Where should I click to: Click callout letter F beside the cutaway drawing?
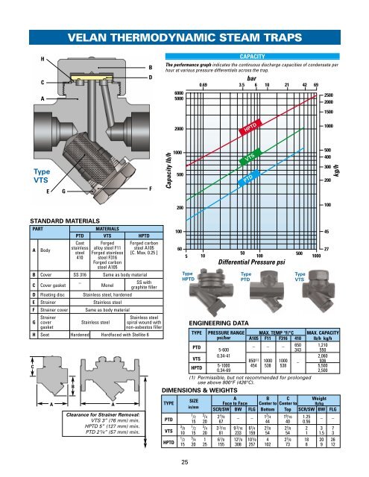click(x=151, y=189)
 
